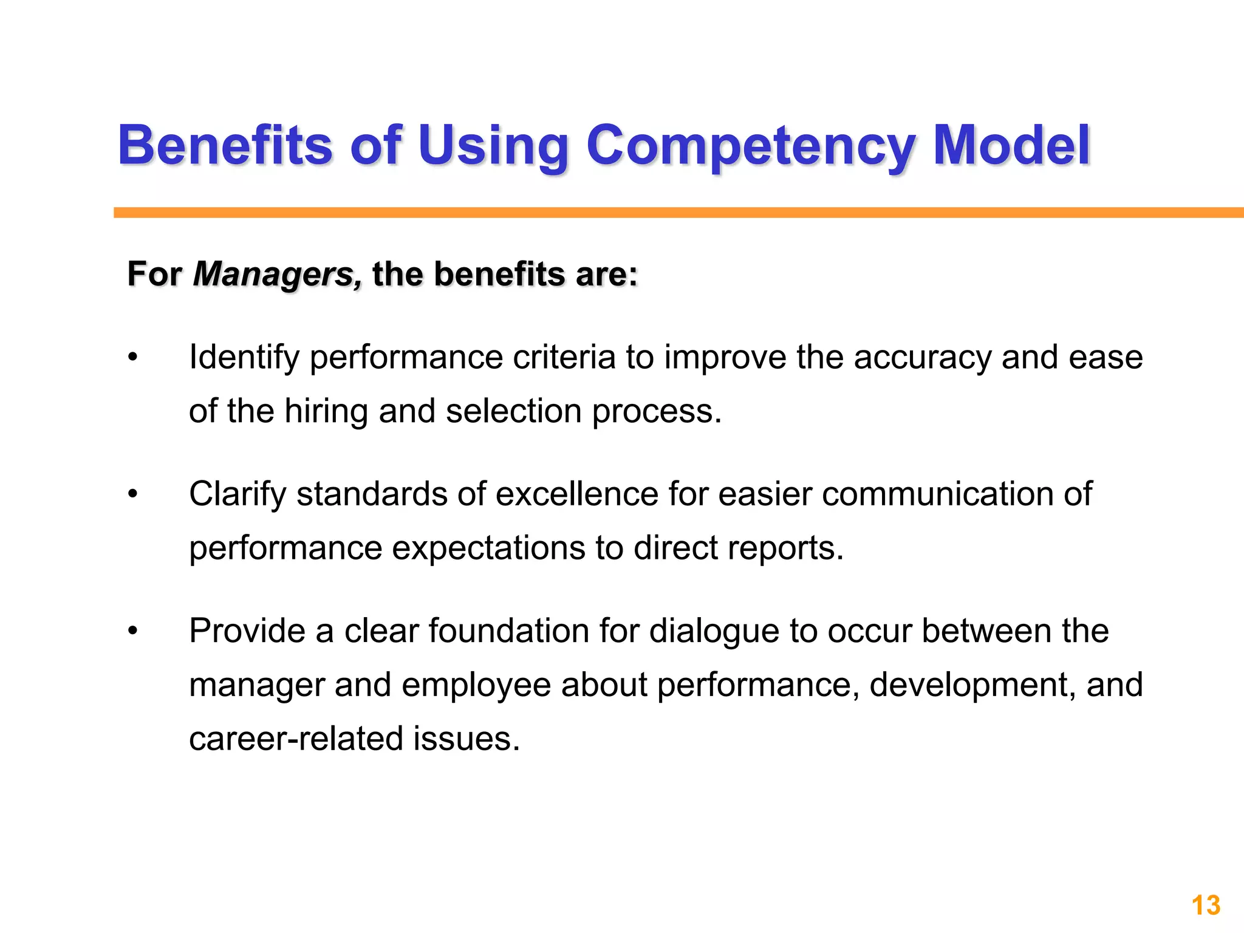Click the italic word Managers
coord(277,275)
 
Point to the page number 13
coord(1206,906)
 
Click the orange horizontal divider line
coord(668,213)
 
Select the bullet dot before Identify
coord(133,358)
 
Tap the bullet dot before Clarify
coord(133,494)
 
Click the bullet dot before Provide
coord(133,632)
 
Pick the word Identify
coord(244,358)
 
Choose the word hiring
coord(326,411)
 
